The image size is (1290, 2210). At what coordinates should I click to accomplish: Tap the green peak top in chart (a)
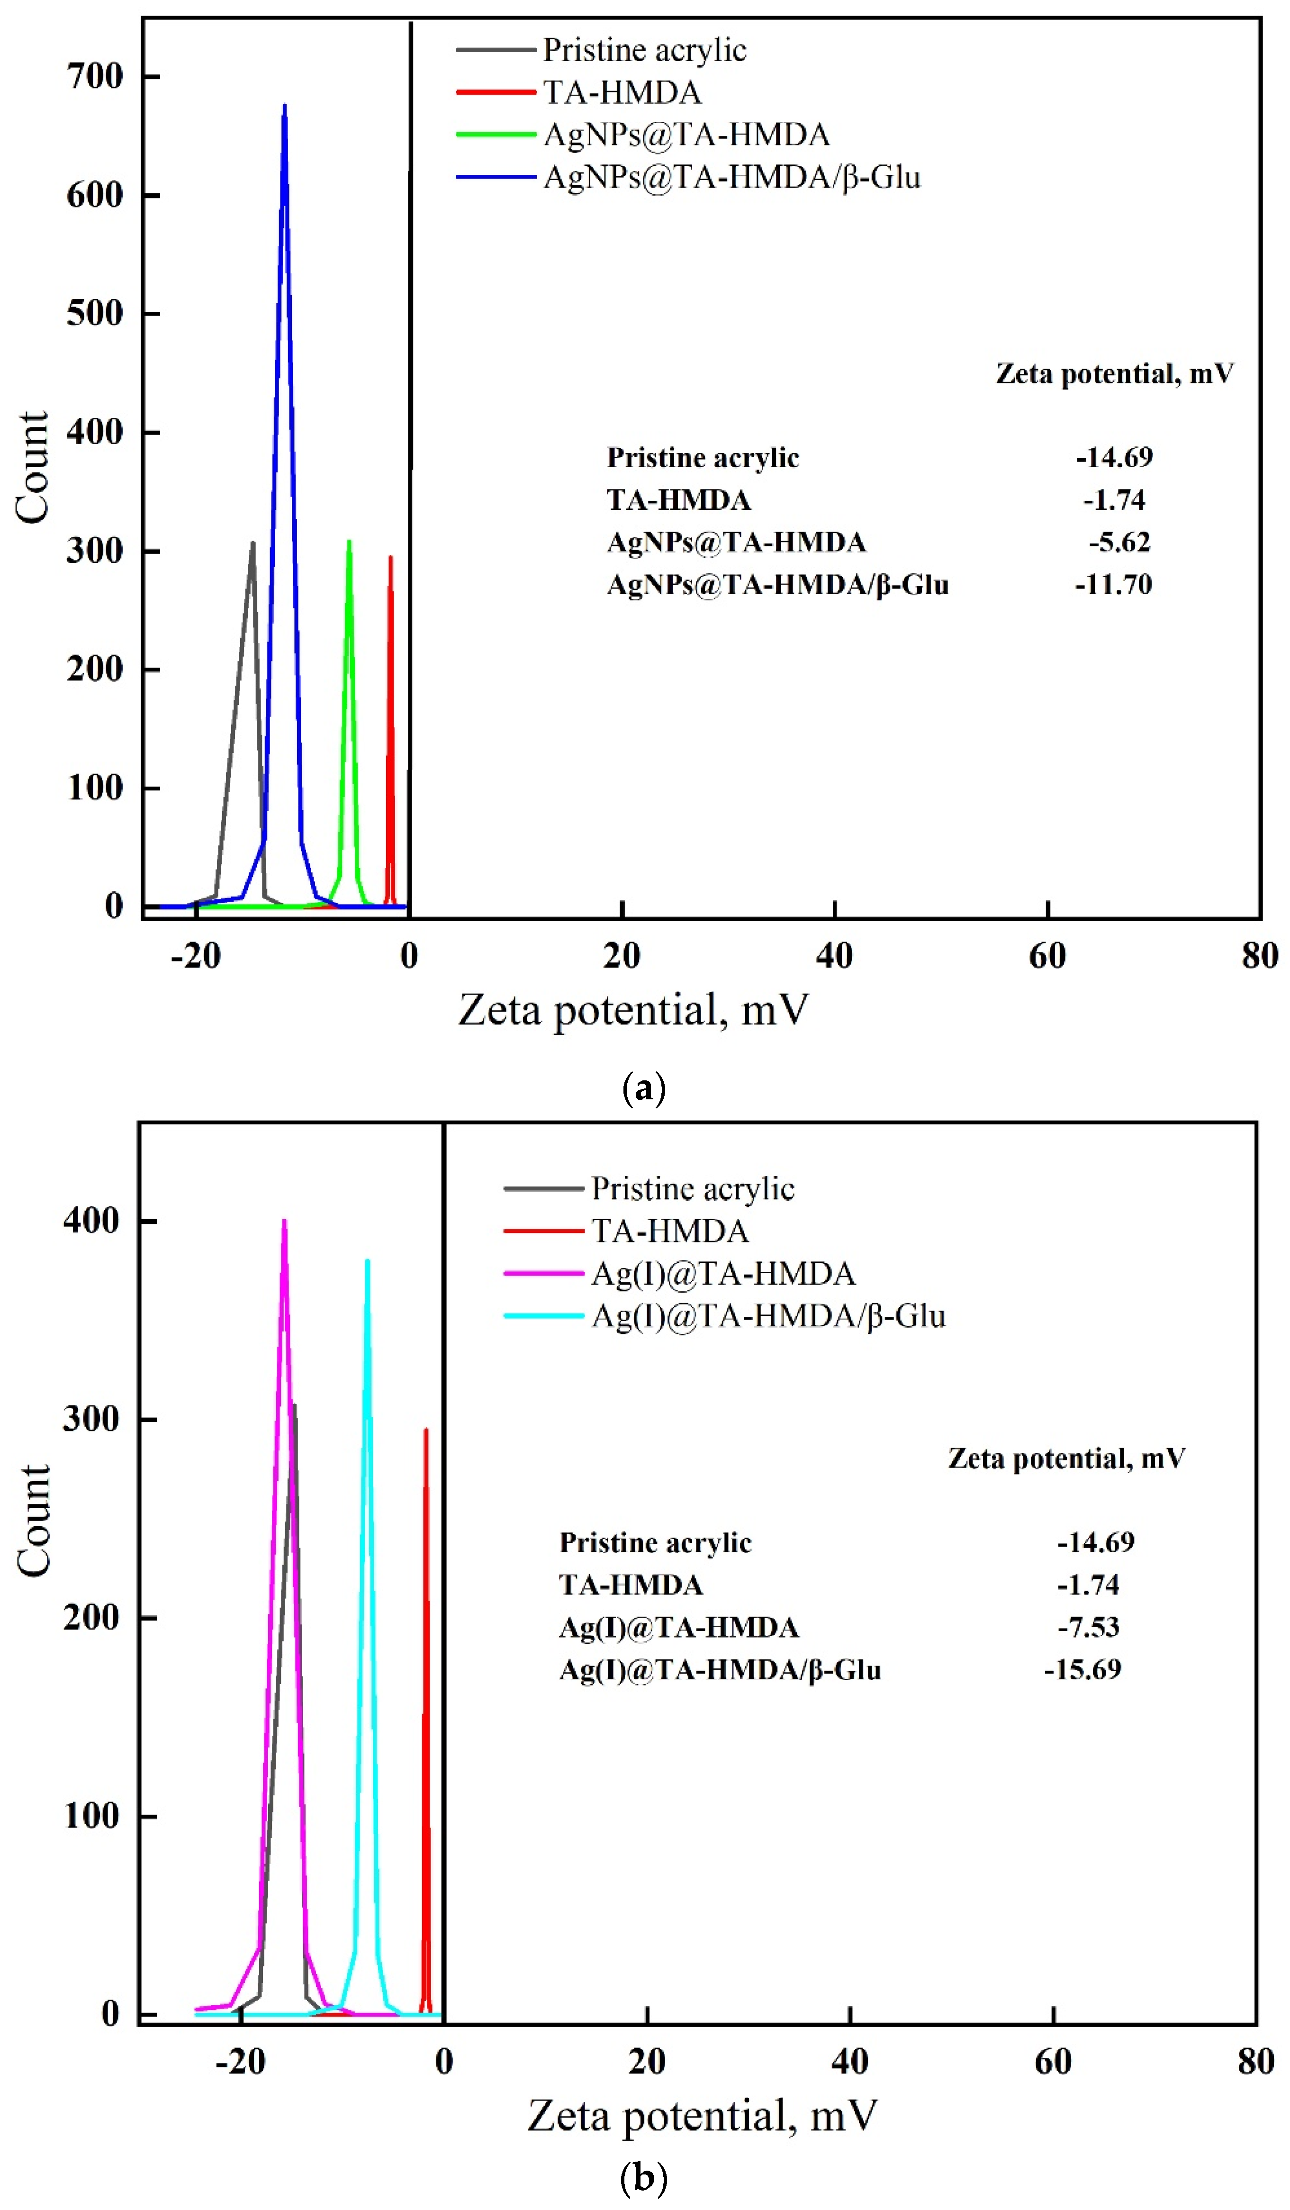(x=349, y=541)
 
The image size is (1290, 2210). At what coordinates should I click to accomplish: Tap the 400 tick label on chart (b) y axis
(x=91, y=1220)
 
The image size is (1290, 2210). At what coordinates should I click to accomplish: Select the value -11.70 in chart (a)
(x=1113, y=584)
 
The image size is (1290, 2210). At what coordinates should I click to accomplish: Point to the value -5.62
(x=1119, y=542)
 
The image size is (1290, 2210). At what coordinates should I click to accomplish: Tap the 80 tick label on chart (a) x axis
(x=1259, y=956)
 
